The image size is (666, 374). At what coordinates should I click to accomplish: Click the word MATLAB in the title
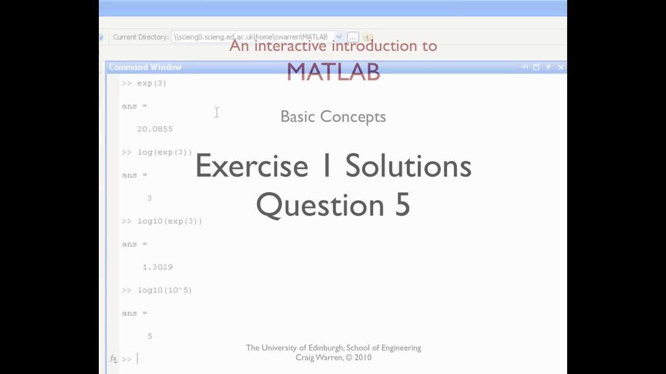333,72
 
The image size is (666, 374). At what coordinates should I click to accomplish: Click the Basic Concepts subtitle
333,117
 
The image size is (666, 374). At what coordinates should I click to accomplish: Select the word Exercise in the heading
252,166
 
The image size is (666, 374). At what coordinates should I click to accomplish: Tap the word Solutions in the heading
408,166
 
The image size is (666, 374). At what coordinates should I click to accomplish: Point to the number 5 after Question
403,205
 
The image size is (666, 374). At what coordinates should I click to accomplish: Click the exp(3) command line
151,83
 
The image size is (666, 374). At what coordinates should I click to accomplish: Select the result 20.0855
155,129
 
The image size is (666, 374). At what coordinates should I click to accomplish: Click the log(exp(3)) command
164,152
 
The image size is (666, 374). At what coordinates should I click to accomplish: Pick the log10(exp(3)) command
170,221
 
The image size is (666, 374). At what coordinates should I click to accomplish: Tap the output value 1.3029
157,267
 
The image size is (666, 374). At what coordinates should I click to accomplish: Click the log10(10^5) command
164,290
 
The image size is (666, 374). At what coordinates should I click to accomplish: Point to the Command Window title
145,67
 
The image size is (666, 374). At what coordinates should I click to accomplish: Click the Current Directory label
140,37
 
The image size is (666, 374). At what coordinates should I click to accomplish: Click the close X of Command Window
560,67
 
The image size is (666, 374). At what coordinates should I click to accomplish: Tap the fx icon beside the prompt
113,358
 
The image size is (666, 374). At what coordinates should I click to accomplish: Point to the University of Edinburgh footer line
334,348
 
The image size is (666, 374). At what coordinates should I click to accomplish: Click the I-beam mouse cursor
216,112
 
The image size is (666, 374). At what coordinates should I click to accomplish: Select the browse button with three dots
353,37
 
